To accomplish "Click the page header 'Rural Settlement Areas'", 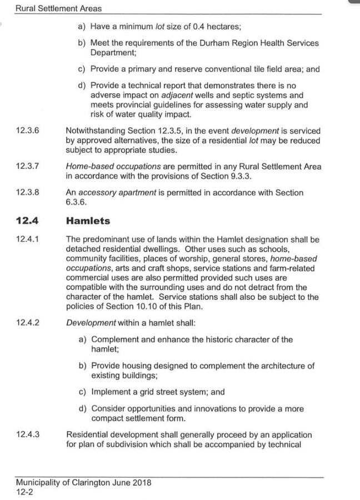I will [x=58, y=9].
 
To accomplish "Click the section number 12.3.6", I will [x=28, y=131].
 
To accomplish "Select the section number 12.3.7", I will [x=28, y=166].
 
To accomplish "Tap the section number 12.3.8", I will [x=28, y=193].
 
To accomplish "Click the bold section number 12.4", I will [x=27, y=221].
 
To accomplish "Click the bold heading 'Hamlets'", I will [x=88, y=221].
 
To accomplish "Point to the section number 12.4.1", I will [x=28, y=240].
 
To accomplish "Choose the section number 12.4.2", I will [x=28, y=322].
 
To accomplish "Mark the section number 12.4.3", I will [x=28, y=434].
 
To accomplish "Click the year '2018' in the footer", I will [x=140, y=482].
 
